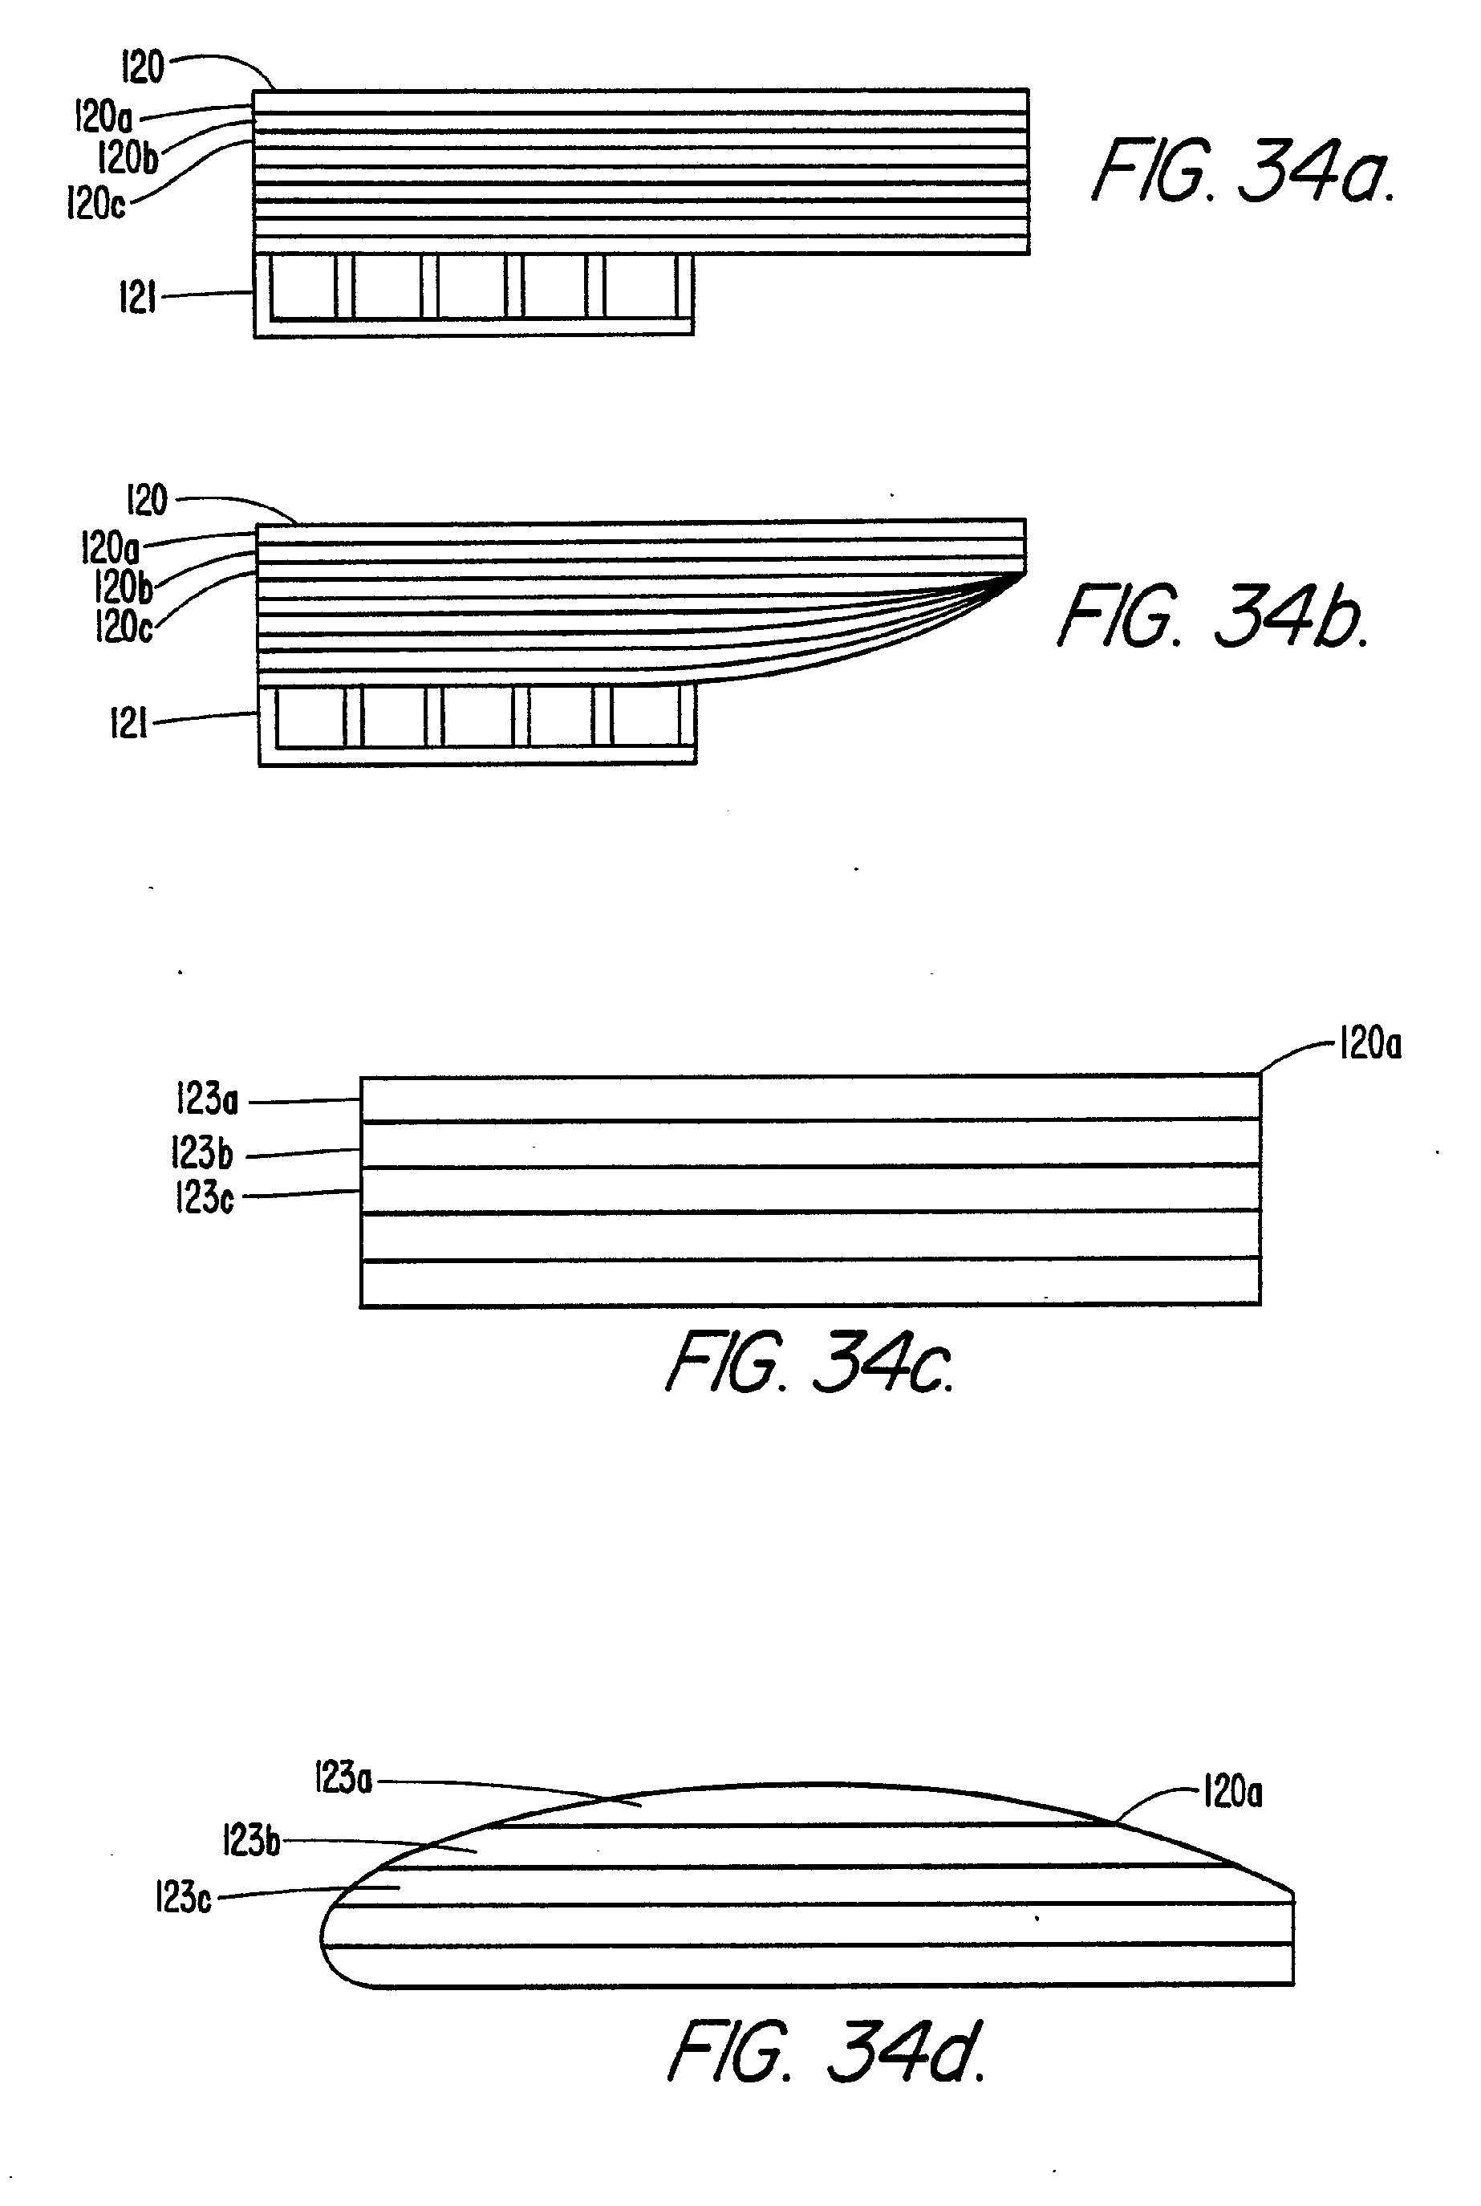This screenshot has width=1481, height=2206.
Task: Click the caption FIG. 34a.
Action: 1242,171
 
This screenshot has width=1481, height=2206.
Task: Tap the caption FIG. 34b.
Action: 1213,616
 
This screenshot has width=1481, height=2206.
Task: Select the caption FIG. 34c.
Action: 809,1363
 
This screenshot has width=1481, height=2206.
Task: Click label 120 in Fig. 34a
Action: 143,67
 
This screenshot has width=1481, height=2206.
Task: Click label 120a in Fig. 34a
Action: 103,117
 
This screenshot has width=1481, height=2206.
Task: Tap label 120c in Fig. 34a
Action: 95,203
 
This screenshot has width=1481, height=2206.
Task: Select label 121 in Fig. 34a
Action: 137,298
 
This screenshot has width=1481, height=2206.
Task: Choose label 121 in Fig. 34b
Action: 129,724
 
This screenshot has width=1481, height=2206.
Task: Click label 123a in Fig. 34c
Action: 207,1099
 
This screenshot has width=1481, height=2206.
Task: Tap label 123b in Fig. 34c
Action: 201,1153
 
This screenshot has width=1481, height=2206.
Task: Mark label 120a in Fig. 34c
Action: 1369,1044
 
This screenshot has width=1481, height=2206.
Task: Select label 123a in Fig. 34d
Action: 343,1780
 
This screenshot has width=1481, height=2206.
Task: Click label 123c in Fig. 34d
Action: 183,1896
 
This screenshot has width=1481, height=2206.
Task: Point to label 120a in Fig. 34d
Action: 1232,1791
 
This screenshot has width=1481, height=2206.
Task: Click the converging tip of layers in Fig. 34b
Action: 1022,575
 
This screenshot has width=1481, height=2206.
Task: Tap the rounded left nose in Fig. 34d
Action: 324,1939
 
